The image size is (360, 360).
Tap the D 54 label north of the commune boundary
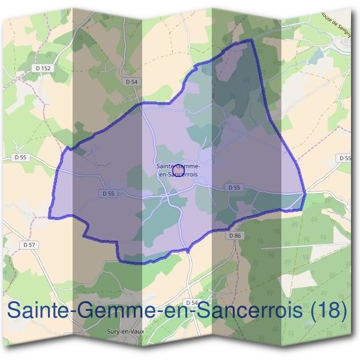(132, 81)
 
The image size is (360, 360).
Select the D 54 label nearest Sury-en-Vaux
(192, 303)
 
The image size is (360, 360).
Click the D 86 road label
(235, 236)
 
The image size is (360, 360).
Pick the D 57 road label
(29, 245)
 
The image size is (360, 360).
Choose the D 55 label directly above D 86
(234, 188)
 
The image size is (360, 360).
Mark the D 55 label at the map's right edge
(344, 158)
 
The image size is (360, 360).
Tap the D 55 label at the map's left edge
(19, 157)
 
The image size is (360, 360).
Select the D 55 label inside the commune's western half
(108, 193)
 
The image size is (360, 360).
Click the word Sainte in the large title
(34, 310)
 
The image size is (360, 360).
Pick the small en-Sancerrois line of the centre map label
(178, 175)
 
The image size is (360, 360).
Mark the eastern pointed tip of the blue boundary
(305, 193)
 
